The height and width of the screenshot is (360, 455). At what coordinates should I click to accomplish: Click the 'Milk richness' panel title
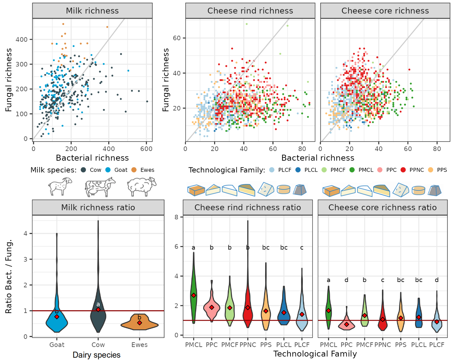[92, 11]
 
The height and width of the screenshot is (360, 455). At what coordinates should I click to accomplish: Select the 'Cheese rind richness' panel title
[250, 11]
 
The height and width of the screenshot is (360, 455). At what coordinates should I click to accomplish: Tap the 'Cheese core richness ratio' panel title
[382, 207]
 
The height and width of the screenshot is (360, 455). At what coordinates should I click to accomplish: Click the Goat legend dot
[108, 170]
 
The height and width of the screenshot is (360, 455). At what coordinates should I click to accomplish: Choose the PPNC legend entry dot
[403, 170]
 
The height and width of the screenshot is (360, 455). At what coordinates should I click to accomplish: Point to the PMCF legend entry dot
[324, 170]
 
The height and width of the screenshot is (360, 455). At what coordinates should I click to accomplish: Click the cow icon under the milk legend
[100, 187]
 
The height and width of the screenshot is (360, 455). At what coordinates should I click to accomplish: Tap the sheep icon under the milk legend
[142, 186]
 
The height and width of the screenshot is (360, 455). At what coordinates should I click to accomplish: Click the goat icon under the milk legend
[60, 186]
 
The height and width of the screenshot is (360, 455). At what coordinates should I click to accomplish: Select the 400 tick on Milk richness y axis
[22, 39]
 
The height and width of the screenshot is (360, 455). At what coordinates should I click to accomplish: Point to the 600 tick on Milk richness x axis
[146, 149]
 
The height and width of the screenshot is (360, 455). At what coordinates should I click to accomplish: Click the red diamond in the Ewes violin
[140, 323]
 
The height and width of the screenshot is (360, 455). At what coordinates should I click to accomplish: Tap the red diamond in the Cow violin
[98, 310]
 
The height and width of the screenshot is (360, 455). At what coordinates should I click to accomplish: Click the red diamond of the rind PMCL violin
[194, 295]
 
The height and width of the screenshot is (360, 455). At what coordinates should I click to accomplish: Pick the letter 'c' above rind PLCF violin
[302, 247]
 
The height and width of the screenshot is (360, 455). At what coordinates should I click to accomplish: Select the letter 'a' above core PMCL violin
[328, 280]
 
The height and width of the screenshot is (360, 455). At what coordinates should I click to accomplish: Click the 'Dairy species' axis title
[97, 355]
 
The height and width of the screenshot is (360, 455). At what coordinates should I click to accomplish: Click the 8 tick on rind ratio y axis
[177, 217]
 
